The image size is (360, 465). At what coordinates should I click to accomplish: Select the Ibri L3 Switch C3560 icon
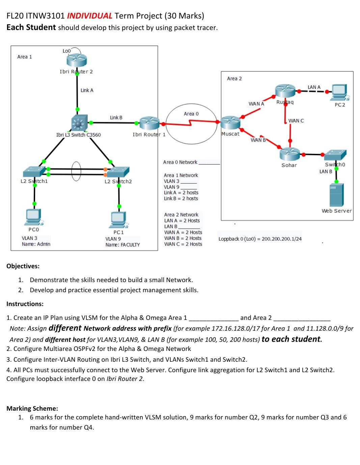tap(79, 123)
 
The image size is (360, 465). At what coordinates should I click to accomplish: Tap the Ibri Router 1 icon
tap(149, 124)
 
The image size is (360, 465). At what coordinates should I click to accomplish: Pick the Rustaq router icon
tap(285, 91)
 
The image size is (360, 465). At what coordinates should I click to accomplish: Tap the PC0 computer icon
tap(34, 217)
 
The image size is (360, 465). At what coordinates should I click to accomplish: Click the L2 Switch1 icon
tap(34, 171)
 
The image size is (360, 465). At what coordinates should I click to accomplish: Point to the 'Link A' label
tap(87, 90)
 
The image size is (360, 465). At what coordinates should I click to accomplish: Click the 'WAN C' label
tap(296, 121)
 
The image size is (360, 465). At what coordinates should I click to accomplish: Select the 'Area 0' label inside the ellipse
tap(191, 114)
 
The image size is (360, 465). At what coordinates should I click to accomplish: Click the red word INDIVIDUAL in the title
tap(89, 16)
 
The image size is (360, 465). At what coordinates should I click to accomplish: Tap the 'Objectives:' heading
tap(23, 266)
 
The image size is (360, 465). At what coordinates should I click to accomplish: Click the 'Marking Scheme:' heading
tap(32, 408)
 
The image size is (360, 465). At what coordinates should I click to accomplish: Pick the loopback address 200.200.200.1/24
tap(281, 239)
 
